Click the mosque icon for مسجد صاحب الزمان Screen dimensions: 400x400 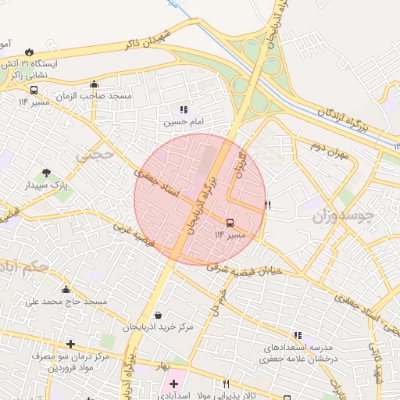95,84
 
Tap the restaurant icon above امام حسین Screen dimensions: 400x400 184,110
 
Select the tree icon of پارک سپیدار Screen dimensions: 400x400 46,173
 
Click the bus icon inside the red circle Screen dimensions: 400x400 230,222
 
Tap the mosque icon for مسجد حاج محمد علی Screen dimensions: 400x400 66,289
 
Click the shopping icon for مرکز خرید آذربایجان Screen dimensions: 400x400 159,315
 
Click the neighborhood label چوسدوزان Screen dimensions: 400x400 343,214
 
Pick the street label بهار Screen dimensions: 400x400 162,365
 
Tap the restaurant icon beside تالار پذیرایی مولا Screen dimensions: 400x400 226,384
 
